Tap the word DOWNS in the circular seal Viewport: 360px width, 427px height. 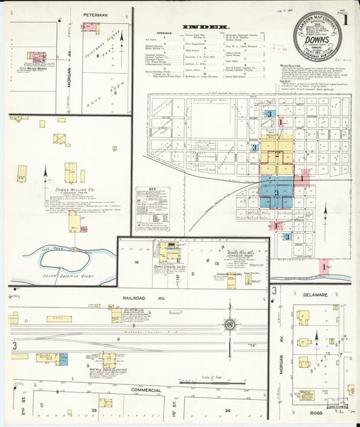coord(316,39)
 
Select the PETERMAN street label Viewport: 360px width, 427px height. coord(95,14)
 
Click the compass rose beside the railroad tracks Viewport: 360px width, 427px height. coord(229,326)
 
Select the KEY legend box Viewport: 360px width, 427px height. coord(152,209)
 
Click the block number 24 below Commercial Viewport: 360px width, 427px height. coord(228,410)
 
